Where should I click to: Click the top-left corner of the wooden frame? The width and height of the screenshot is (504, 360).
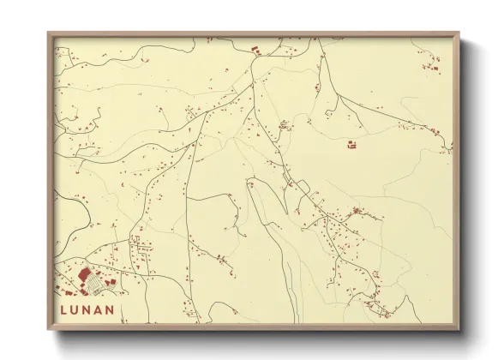click(x=48, y=33)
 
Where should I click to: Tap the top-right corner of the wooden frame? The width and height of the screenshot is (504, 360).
click(x=459, y=33)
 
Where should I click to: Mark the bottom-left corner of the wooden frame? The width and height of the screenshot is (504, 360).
click(x=48, y=330)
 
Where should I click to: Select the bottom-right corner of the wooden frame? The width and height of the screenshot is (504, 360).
click(x=459, y=330)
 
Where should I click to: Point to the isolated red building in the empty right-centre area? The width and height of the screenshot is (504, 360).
click(x=351, y=145)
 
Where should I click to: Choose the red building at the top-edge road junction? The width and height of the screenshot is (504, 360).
click(x=255, y=53)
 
